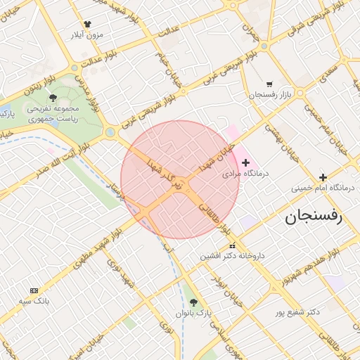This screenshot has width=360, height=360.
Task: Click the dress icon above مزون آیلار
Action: [x=87, y=24]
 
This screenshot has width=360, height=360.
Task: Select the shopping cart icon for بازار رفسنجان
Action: [x=269, y=84]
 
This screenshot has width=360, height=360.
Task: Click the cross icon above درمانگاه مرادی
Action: [x=245, y=162]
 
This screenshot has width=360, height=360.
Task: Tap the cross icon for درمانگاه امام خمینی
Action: [x=323, y=177]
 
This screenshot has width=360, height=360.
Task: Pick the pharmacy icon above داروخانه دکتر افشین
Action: [x=233, y=246]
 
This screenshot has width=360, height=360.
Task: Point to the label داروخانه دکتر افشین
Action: [x=233, y=256]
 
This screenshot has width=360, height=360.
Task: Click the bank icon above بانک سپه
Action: [x=34, y=291]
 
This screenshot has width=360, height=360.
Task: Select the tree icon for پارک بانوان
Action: [x=195, y=302]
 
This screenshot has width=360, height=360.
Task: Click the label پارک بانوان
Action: [x=195, y=312]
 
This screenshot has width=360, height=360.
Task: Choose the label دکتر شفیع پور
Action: [x=300, y=311]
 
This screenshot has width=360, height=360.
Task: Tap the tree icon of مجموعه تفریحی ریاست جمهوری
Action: [x=53, y=98]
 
